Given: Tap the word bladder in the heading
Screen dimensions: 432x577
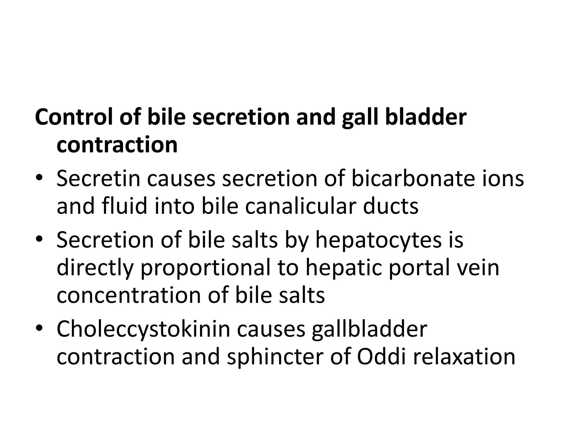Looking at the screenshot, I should [426, 117].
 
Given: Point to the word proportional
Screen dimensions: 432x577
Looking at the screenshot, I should [205, 268].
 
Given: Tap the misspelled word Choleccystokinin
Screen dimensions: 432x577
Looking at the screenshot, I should [143, 329].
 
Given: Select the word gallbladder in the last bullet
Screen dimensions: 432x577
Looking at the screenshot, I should [369, 329].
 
